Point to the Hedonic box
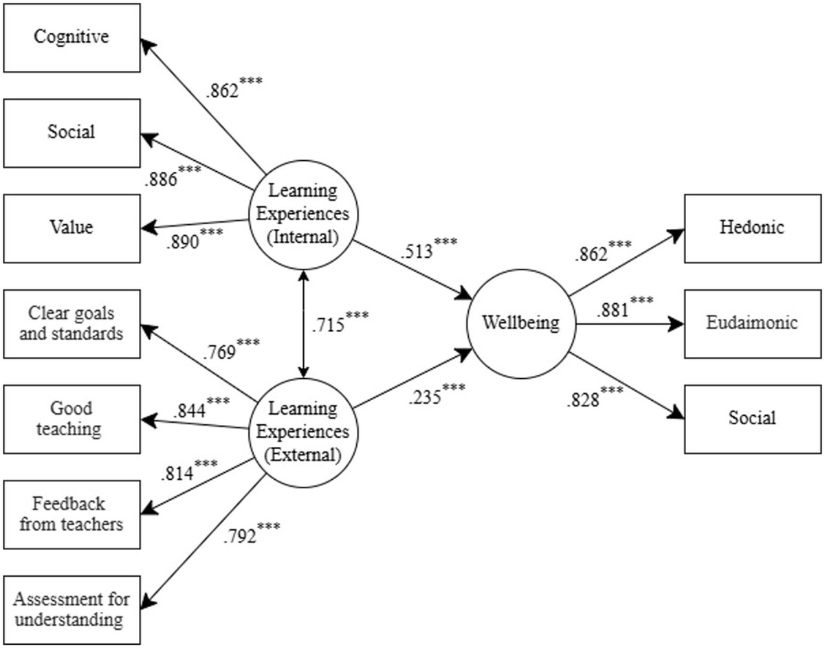(x=752, y=228)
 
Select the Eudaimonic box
(x=752, y=322)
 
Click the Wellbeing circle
(x=520, y=322)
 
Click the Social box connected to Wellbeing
(x=752, y=417)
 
